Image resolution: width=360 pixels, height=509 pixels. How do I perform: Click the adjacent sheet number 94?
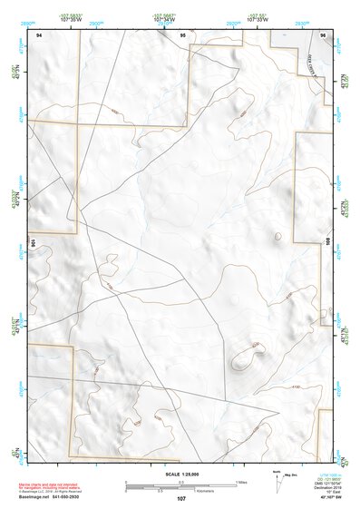pos(39,34)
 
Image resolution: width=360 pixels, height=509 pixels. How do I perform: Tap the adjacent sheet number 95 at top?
pos(183,34)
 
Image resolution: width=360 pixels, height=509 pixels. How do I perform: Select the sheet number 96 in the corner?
pos(323,34)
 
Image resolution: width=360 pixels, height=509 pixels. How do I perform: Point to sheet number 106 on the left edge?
pos(32,242)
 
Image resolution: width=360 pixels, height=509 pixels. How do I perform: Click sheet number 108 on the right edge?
pos(328,242)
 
